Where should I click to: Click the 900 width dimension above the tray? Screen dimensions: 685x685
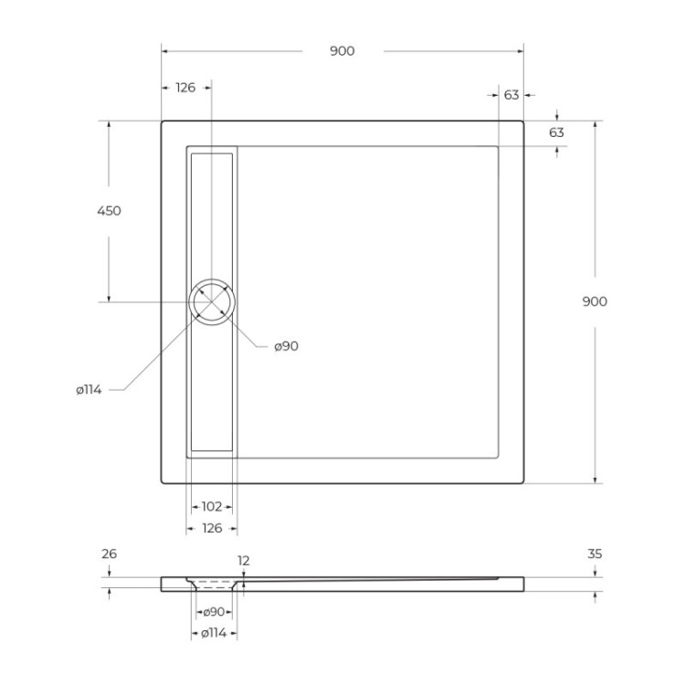tap(342, 51)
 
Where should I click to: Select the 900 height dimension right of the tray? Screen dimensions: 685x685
tap(595, 301)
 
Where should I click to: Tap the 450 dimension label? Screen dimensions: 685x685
tap(109, 211)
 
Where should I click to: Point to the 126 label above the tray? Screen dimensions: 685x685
tap(185, 88)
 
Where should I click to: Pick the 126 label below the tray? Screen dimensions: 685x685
tap(211, 528)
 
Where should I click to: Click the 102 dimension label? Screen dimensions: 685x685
tap(211, 506)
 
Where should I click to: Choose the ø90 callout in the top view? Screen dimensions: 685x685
tap(286, 346)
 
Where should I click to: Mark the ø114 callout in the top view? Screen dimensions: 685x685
tap(89, 390)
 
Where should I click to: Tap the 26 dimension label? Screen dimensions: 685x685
tap(110, 553)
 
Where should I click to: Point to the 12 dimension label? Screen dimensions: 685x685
tap(243, 561)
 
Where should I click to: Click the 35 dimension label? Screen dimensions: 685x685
tap(595, 553)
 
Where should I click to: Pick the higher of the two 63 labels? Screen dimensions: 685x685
tap(511, 95)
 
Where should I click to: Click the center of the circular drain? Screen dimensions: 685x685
tap(212, 301)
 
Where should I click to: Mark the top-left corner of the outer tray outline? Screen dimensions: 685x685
tap(163, 121)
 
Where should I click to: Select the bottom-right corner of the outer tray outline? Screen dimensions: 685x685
tap(523, 482)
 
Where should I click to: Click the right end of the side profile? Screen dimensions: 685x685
tap(523, 583)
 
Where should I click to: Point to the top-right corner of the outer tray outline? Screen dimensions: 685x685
tap(523, 121)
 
